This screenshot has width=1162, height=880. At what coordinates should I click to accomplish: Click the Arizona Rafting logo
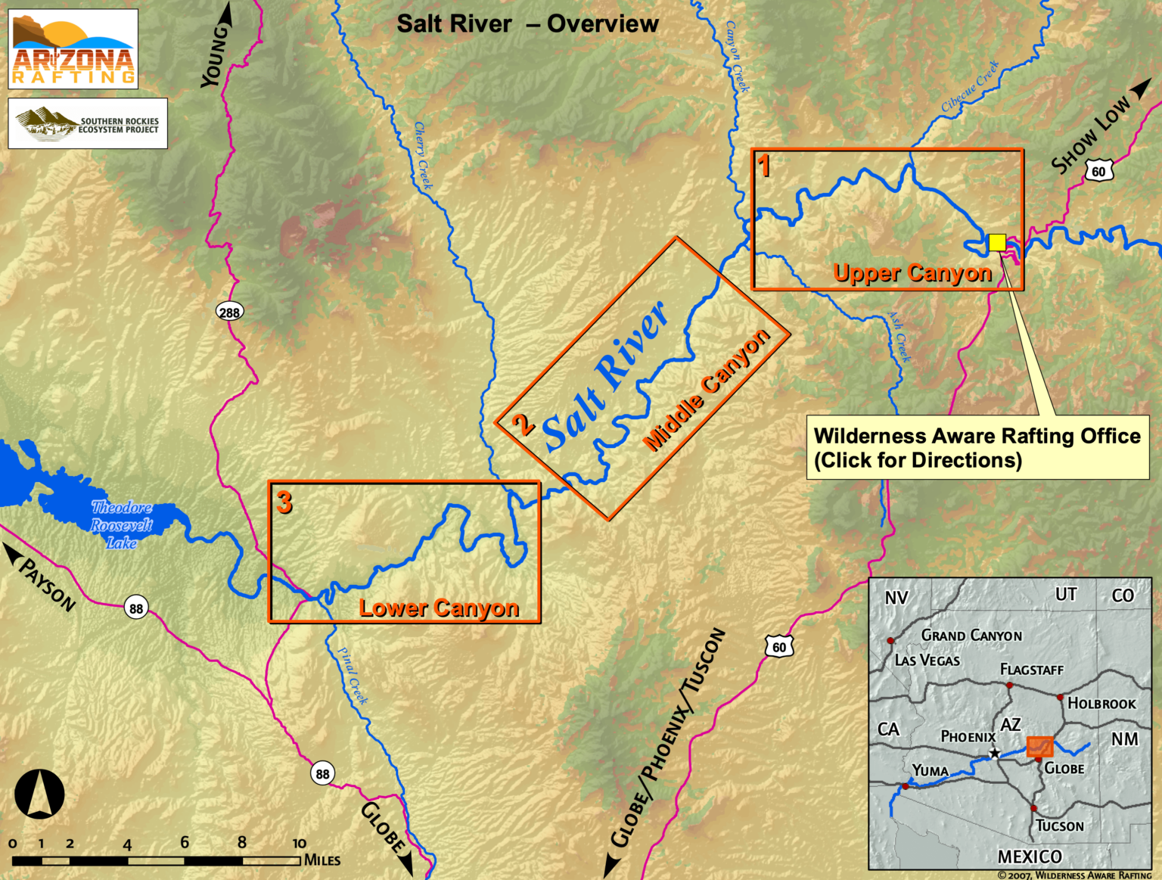(73, 49)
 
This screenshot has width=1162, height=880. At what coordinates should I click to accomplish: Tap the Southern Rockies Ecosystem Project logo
(88, 123)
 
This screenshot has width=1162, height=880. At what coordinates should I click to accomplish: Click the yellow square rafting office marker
(997, 242)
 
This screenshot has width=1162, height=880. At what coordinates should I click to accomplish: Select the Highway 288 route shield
(229, 312)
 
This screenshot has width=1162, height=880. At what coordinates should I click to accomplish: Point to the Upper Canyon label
(912, 272)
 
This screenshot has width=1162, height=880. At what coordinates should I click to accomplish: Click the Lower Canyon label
(439, 608)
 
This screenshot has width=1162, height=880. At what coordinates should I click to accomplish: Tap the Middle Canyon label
(706, 391)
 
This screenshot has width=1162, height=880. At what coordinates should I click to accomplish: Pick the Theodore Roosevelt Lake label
(121, 524)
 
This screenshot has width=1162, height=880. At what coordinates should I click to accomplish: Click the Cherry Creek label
(424, 155)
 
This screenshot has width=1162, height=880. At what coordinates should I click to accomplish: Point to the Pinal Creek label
(353, 676)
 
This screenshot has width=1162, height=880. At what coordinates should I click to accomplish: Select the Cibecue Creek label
(970, 87)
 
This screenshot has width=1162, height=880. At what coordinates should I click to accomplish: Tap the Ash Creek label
(899, 337)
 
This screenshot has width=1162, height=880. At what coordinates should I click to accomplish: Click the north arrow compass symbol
(39, 794)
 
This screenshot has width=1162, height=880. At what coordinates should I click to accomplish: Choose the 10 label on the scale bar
(300, 843)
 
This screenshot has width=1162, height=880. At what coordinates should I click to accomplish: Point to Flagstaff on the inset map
(1031, 670)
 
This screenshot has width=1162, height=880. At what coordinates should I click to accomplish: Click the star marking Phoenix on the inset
(994, 754)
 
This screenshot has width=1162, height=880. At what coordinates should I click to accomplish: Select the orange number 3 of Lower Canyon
(284, 502)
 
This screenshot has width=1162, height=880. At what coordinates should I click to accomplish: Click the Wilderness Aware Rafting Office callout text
(977, 447)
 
